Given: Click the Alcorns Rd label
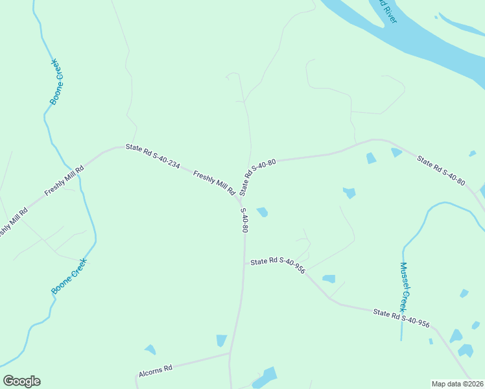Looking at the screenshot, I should (x=155, y=371).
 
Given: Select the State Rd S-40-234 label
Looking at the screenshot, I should (x=152, y=156).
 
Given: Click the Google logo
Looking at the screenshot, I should (x=22, y=381).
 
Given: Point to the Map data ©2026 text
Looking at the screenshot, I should (x=457, y=384).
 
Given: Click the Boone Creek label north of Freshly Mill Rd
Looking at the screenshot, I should (x=58, y=82).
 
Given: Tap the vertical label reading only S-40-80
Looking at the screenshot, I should (x=244, y=220).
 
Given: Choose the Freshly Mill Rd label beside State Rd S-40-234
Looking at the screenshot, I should (x=214, y=183).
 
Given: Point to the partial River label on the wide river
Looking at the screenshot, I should (x=387, y=12).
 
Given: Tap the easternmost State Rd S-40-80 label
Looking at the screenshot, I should (x=441, y=171).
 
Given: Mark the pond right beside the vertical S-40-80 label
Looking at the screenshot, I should (x=263, y=212).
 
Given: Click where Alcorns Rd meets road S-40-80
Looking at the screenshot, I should (x=230, y=353).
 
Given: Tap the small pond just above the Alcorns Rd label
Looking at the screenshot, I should (x=150, y=349).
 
